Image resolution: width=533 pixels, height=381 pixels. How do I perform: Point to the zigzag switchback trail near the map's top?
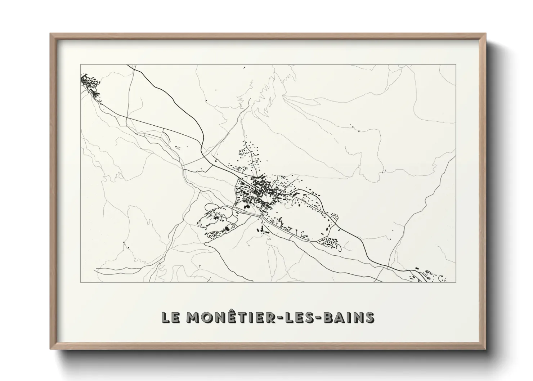265,86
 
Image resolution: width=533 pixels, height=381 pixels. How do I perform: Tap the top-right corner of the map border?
456,64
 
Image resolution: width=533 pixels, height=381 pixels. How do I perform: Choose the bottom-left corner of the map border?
80,282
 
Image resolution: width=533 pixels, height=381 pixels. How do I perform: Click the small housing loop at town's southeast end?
330,243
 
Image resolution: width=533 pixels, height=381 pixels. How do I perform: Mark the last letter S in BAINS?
369,317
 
